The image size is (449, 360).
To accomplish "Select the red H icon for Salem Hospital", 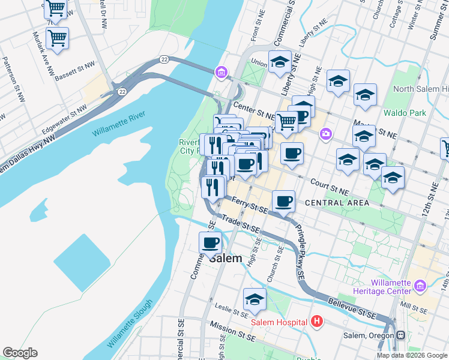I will tap(318, 322).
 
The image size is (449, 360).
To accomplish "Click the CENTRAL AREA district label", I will tap(337, 203).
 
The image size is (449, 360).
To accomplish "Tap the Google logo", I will tap(20, 353).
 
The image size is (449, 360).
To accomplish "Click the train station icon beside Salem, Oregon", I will tap(399, 335).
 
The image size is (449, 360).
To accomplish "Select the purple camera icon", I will tap(325, 134).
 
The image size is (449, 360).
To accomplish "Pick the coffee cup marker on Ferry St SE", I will tap(283, 202).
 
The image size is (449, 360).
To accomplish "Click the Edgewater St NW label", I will tap(64, 119).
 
